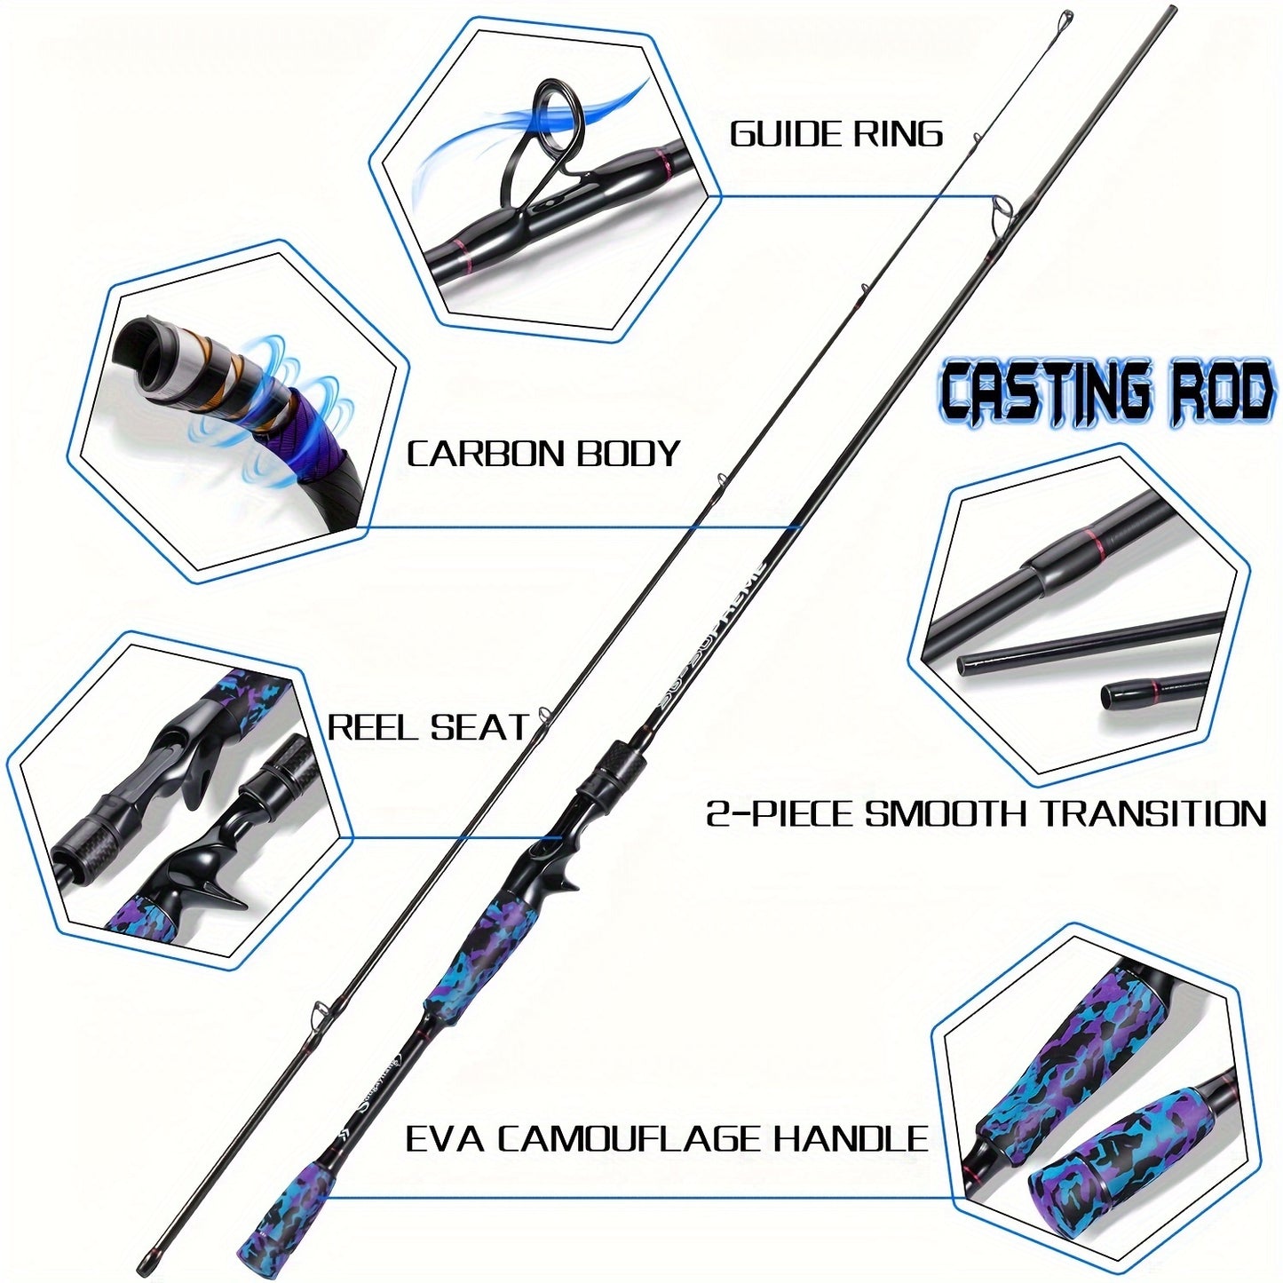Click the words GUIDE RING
pyautogui.click(x=836, y=134)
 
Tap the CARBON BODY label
pyautogui.click(x=543, y=454)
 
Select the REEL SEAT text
pyautogui.click(x=428, y=728)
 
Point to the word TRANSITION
pyautogui.click(x=1152, y=813)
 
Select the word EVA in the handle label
pyautogui.click(x=444, y=1138)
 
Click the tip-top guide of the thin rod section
pyautogui.click(x=1067, y=17)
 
